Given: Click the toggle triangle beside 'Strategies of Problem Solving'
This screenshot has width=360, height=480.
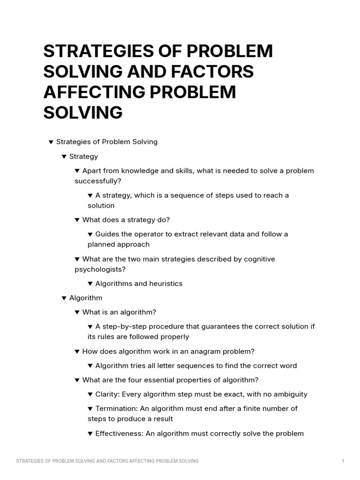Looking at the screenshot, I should [x=51, y=142].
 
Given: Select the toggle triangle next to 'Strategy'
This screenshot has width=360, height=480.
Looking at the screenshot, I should [x=64, y=157].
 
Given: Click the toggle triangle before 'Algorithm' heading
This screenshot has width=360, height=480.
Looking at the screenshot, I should [x=64, y=298].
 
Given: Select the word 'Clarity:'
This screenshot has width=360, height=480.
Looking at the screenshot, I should [x=107, y=394].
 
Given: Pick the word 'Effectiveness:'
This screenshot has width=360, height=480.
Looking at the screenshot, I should [x=119, y=434].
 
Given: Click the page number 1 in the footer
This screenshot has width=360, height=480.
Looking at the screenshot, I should [x=343, y=461].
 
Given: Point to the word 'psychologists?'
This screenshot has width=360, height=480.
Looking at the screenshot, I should [x=100, y=269].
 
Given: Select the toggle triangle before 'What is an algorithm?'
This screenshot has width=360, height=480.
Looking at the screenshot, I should [x=77, y=312].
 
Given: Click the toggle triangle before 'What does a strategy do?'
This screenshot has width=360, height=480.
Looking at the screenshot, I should [x=77, y=220].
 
